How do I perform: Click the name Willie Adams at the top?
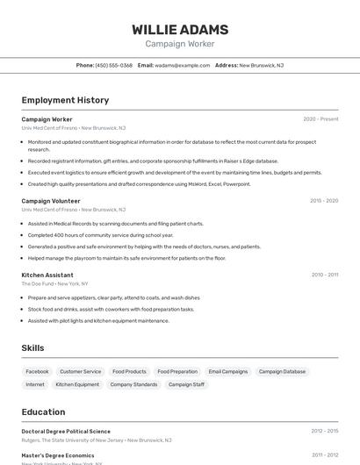[x=180, y=29]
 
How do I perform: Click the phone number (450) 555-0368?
[x=113, y=65]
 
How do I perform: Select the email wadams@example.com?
[x=183, y=65]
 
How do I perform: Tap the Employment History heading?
[x=65, y=100]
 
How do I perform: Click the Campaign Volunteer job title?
[x=51, y=200]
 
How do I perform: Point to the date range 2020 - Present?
[x=320, y=119]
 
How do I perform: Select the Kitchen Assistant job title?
[x=47, y=275]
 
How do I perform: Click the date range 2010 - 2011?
[x=324, y=275]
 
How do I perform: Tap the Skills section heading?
[x=32, y=348]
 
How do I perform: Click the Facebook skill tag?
[x=37, y=371]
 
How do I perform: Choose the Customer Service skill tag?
[x=80, y=371]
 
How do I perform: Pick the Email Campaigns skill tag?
[x=228, y=371]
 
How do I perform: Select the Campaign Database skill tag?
[x=282, y=371]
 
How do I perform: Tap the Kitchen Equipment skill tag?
[x=77, y=384]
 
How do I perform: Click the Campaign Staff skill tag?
[x=186, y=384]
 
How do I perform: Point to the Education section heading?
[x=43, y=411]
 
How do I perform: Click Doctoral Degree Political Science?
[x=66, y=432]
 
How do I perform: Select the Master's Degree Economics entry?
[x=58, y=455]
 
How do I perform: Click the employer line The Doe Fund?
[x=38, y=284]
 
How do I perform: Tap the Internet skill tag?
[x=35, y=384]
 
